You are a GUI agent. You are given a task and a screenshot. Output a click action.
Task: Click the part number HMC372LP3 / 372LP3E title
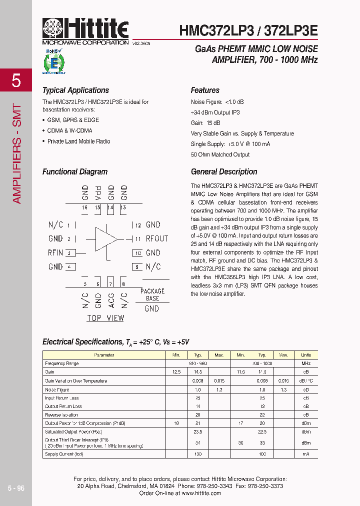coord(248,30)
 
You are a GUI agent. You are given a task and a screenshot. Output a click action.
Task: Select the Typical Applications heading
coord(75,90)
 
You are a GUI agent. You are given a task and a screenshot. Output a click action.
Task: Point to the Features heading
coord(205,90)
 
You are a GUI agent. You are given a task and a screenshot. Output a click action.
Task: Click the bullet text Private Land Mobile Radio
coord(78,141)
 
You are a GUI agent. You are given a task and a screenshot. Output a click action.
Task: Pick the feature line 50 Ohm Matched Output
coord(220,155)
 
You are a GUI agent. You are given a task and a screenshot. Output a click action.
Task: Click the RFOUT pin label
coord(157,239)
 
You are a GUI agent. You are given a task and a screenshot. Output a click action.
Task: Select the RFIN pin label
coord(55,253)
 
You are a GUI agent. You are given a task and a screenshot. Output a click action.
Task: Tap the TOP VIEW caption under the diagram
coord(105,318)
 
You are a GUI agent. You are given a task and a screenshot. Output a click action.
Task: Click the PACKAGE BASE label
coord(152,294)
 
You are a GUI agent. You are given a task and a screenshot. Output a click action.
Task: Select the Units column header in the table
coord(306,355)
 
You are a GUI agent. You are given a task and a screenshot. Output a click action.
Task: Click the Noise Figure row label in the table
coord(57,389)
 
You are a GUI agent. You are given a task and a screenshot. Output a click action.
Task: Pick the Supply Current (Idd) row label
coord(64,454)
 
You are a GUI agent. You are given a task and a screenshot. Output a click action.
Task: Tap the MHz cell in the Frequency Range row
coord(306,363)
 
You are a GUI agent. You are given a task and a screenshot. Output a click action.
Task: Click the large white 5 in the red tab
coord(16,80)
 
